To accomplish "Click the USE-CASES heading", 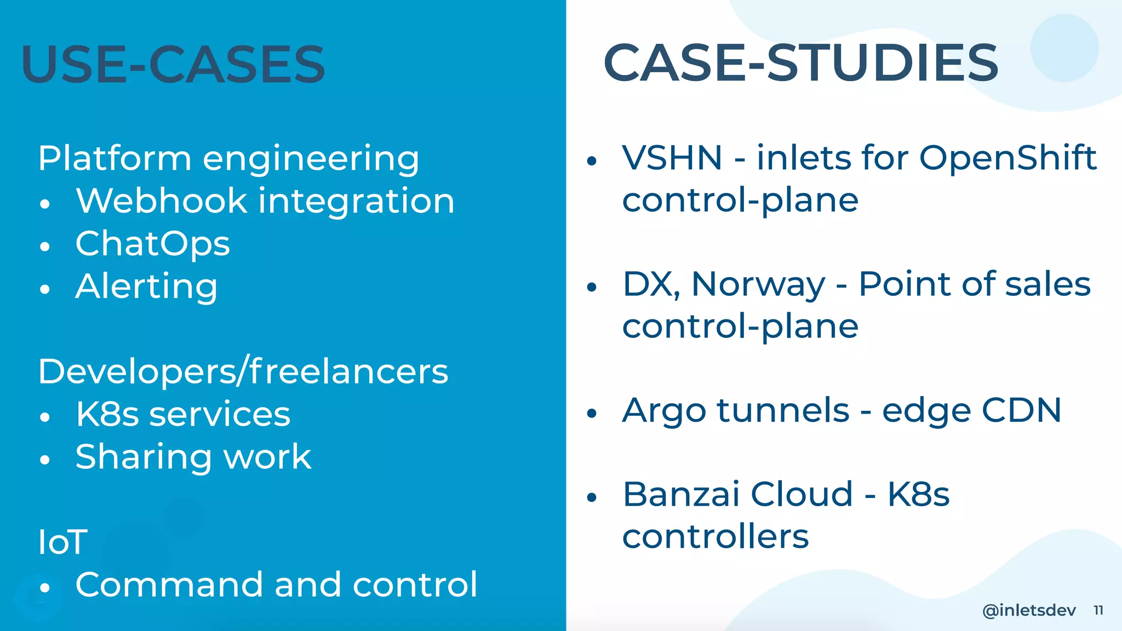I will (x=173, y=65).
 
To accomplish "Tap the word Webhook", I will (x=161, y=200).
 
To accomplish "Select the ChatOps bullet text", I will (x=152, y=244).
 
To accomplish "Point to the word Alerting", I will (x=146, y=286).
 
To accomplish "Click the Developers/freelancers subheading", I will (x=243, y=371).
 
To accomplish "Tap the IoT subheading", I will (x=62, y=542).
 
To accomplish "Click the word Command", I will (x=169, y=584).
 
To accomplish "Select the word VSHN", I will (x=672, y=158).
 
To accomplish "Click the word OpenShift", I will (x=1007, y=158).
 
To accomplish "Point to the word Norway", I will (x=758, y=285).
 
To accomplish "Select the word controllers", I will (x=715, y=536).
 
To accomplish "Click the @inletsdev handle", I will (x=1029, y=610).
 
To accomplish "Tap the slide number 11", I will (x=1098, y=610).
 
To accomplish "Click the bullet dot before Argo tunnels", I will (x=591, y=414).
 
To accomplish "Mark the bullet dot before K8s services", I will (x=45, y=417).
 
